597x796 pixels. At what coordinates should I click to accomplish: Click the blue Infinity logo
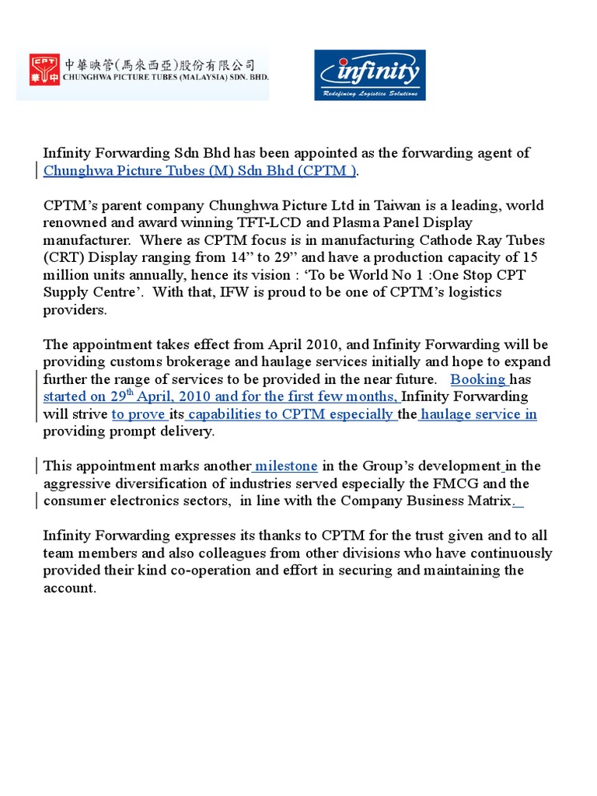pyautogui.click(x=369, y=75)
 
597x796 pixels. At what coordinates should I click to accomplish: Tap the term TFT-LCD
pyautogui.click(x=248, y=223)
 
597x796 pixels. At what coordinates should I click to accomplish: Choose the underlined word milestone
pyautogui.click(x=285, y=466)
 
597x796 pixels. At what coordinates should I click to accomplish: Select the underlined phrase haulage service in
pyautogui.click(x=478, y=414)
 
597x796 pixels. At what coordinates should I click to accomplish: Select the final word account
pyautogui.click(x=69, y=588)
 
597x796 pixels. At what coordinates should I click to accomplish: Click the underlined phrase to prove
pyautogui.click(x=139, y=414)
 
